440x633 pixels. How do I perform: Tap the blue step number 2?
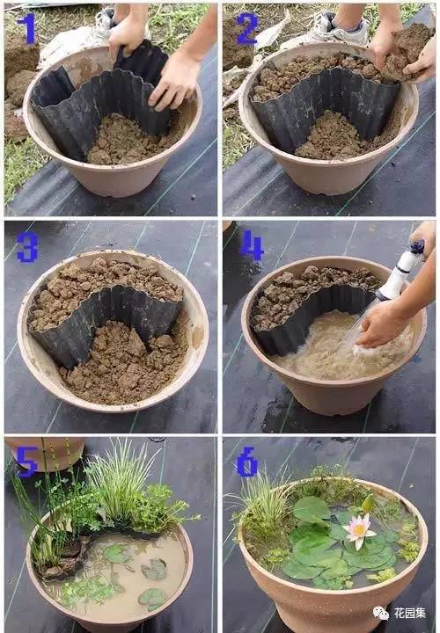(x=247, y=29)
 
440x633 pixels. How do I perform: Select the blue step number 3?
(x=27, y=247)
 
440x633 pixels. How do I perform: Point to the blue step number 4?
(x=252, y=245)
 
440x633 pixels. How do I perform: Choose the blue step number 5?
(x=27, y=462)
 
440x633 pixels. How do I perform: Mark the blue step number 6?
(x=247, y=462)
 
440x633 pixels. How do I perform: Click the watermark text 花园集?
(x=410, y=614)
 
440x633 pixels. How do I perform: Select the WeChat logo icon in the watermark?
(x=381, y=614)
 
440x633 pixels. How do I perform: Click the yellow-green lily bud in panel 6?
(x=368, y=504)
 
